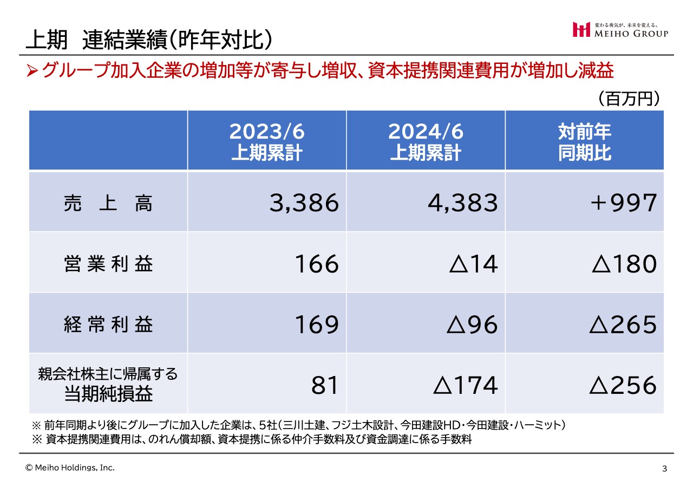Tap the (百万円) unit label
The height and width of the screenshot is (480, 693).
pyautogui.click(x=628, y=99)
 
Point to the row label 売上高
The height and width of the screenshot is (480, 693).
pyautogui.click(x=108, y=203)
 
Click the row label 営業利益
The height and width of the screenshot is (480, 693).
pyautogui.click(x=108, y=264)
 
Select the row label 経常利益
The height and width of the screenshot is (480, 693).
pyautogui.click(x=108, y=325)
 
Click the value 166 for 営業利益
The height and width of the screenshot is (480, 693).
pyautogui.click(x=317, y=264)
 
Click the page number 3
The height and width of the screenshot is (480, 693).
pyautogui.click(x=664, y=469)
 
